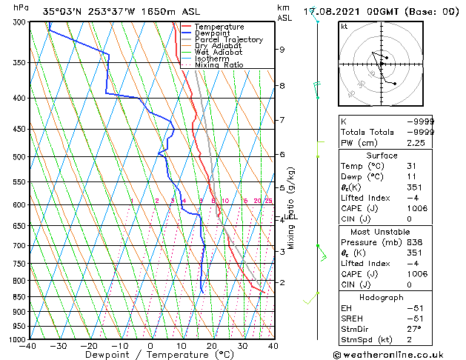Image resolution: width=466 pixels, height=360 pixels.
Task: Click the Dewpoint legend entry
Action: pyautogui.click(x=219, y=33)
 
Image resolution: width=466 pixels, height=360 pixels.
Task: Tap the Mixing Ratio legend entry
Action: pyautogui.click(x=219, y=65)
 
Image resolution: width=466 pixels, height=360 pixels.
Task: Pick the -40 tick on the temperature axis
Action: pyautogui.click(x=28, y=346)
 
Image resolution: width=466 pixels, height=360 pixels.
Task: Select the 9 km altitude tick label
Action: pyautogui.click(x=282, y=50)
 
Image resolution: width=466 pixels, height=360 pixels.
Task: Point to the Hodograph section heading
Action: pyautogui.click(x=382, y=297)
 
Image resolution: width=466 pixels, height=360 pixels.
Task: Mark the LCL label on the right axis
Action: pyautogui.click(x=290, y=216)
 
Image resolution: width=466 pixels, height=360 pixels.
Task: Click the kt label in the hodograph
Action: pyautogui.click(x=344, y=26)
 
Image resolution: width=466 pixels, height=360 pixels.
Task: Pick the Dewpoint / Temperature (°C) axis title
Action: pyautogui.click(x=150, y=356)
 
